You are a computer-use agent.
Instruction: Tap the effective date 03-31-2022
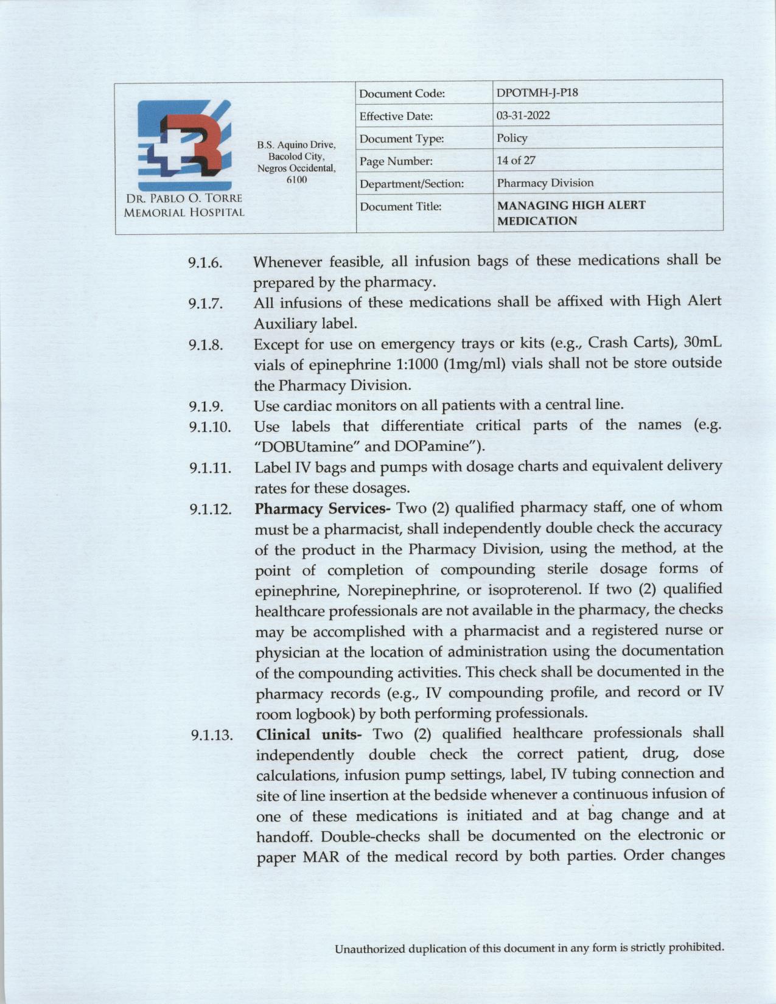click(x=523, y=116)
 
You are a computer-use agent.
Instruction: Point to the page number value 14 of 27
click(x=516, y=161)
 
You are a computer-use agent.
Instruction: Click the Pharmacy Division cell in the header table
click(x=545, y=183)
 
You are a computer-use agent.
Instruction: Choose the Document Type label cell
click(x=402, y=139)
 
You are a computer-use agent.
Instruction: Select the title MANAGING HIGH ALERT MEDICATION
click(x=571, y=213)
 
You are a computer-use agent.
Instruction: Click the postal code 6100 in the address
click(x=296, y=180)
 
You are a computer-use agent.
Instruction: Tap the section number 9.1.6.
click(x=205, y=263)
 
